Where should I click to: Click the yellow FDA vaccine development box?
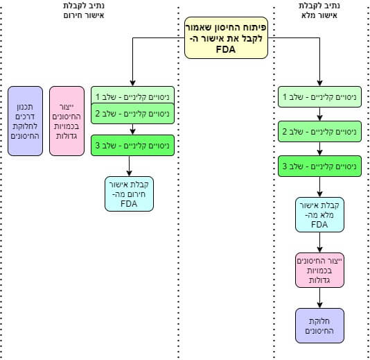point(226,37)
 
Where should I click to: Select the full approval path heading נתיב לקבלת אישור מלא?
point(319,10)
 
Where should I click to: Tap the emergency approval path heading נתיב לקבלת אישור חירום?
point(84,10)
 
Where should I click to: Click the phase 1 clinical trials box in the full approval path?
point(319,97)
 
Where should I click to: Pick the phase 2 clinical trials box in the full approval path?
point(319,132)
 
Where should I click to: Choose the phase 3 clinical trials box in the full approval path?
point(319,166)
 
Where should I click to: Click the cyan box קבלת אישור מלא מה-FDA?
point(319,214)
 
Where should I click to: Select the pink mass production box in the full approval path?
point(319,271)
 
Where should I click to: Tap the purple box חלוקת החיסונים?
point(319,325)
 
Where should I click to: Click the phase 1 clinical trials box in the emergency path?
point(132,95)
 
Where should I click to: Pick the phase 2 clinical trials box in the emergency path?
point(132,114)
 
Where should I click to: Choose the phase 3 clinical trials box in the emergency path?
point(132,145)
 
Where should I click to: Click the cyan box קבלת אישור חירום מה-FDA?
point(129,194)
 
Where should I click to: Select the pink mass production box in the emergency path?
point(67,121)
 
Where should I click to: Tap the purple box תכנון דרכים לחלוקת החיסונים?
point(25,121)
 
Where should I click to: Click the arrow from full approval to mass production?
point(319,242)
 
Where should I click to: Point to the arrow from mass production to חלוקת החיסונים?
point(319,298)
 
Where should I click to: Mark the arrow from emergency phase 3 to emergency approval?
point(129,166)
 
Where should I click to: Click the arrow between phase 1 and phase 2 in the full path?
point(319,114)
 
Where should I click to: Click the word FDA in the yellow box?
point(226,50)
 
